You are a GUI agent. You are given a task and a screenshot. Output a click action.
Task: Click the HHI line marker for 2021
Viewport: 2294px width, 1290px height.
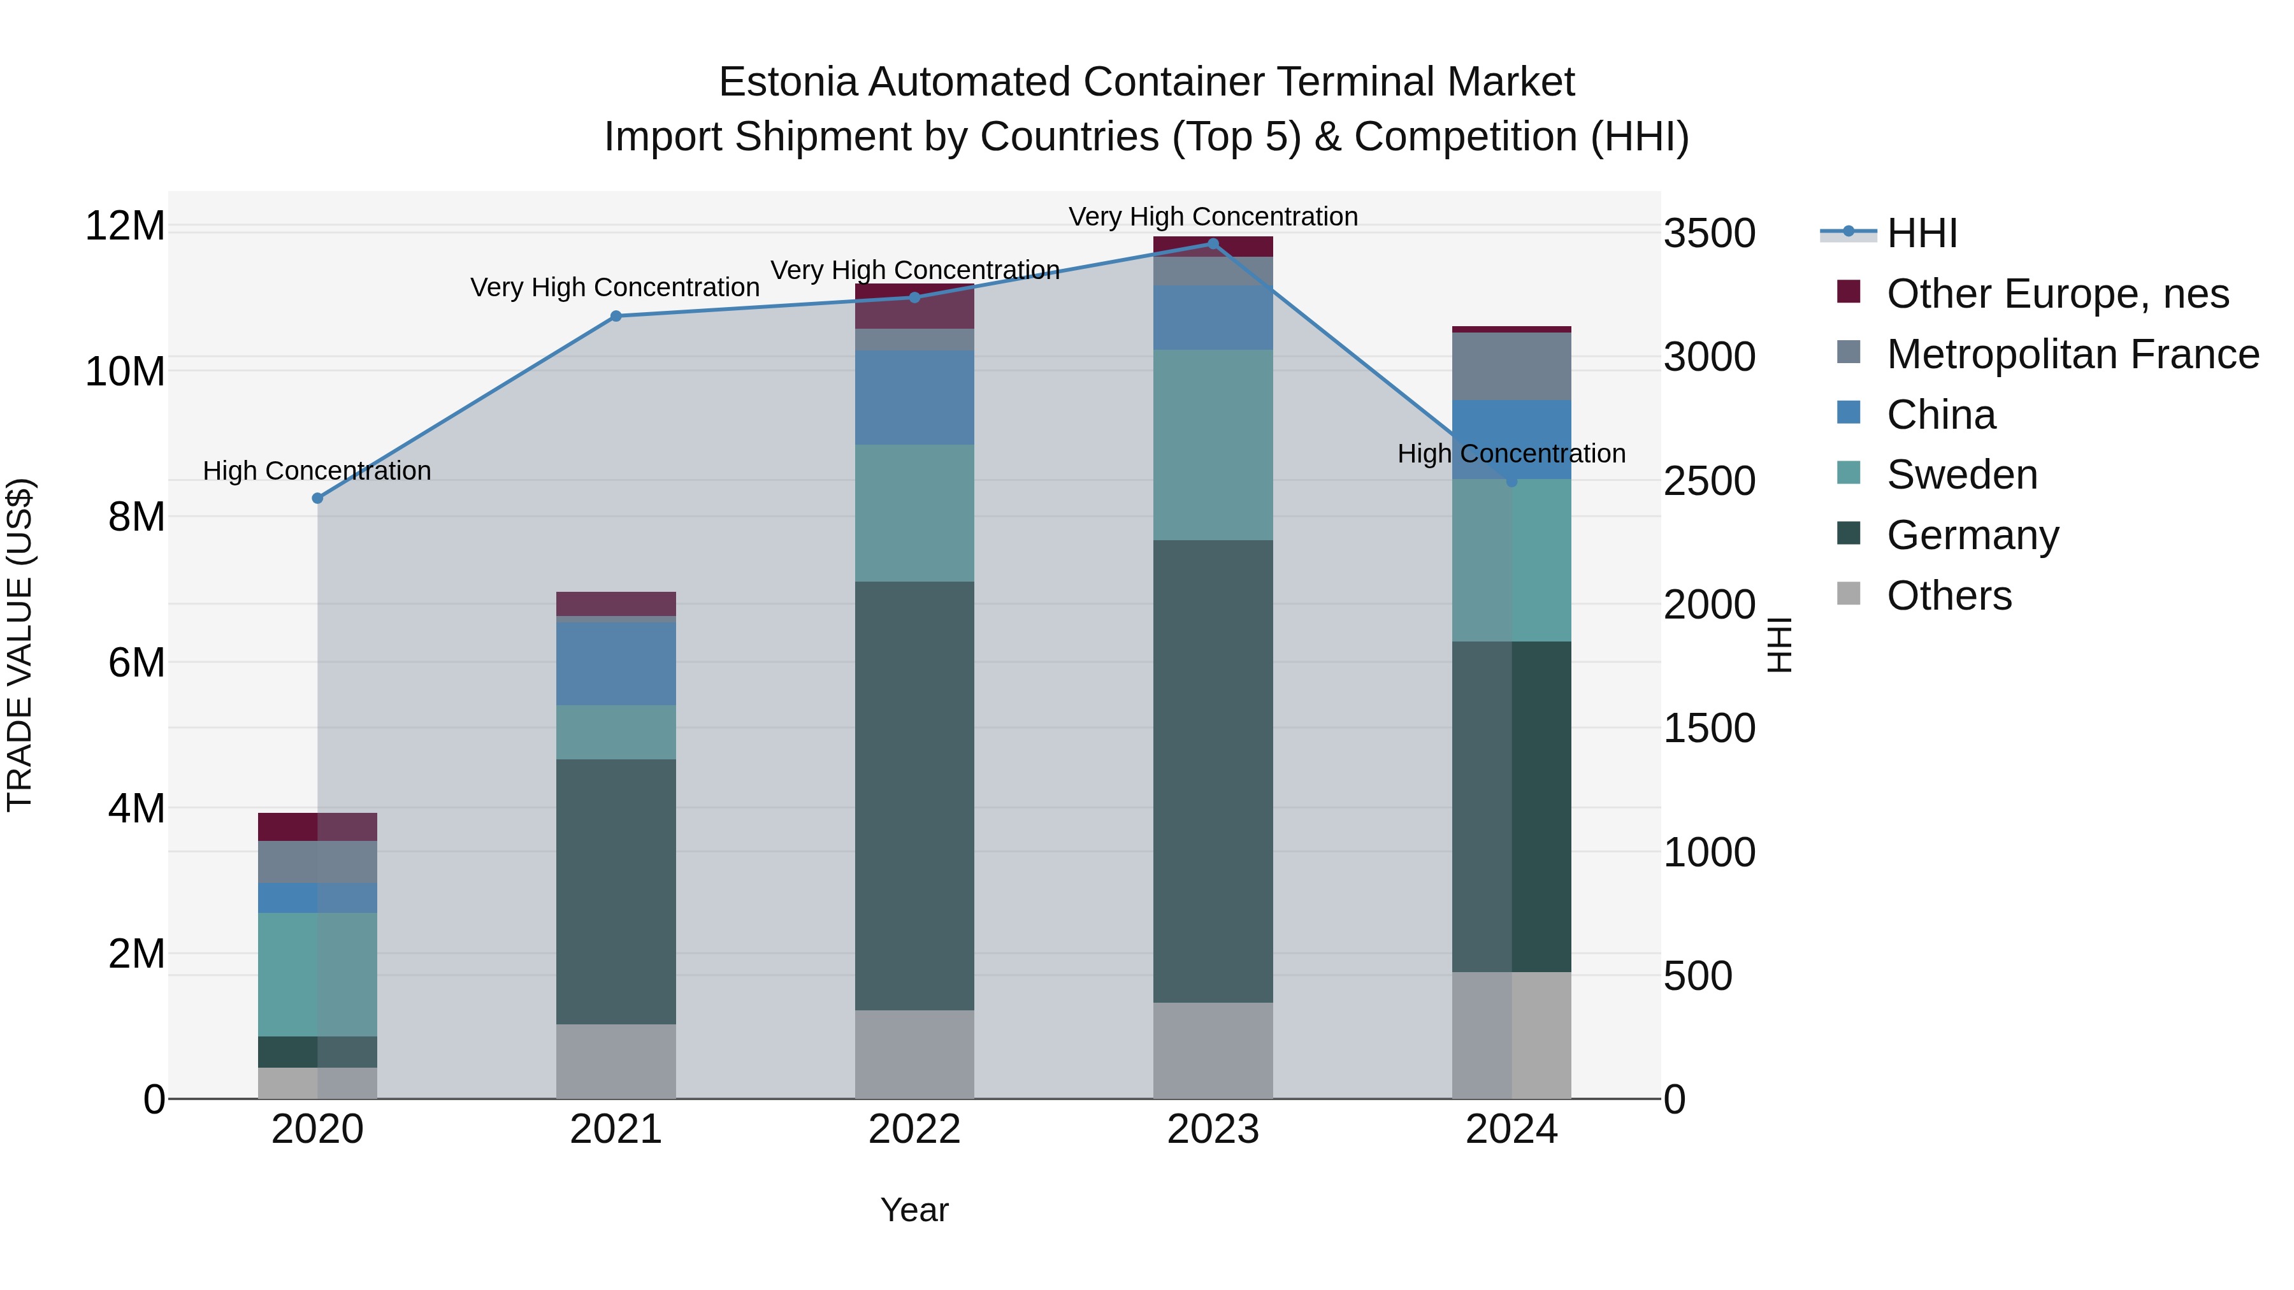[616, 316]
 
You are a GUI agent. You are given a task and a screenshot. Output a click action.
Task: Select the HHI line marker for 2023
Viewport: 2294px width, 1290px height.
[1213, 243]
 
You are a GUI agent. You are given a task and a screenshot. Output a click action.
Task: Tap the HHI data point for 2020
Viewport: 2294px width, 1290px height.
[317, 499]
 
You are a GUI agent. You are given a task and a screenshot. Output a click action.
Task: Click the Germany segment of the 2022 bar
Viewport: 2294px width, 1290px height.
[914, 795]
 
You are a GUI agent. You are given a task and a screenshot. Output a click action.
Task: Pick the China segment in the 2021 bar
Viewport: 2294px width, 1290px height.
[616, 663]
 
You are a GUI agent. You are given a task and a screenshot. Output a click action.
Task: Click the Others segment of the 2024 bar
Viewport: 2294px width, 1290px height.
[1511, 1035]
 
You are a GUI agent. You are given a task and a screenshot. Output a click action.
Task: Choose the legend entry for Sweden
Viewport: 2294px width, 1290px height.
[1962, 475]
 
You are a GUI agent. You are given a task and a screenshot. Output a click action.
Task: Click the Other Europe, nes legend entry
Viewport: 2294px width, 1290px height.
[2057, 294]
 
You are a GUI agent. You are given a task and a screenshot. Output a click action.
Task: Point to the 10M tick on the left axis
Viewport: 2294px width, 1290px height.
[125, 371]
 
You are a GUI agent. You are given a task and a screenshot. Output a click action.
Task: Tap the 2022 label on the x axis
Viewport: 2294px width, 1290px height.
[914, 1131]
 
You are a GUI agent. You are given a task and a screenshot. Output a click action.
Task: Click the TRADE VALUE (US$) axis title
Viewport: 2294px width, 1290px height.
[20, 645]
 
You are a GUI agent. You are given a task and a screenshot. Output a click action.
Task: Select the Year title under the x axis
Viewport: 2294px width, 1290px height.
[914, 1210]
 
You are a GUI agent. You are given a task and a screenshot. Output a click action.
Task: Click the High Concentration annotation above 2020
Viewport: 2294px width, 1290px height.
[317, 470]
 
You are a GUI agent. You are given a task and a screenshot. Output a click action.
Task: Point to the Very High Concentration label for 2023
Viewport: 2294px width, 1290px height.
[1213, 217]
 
